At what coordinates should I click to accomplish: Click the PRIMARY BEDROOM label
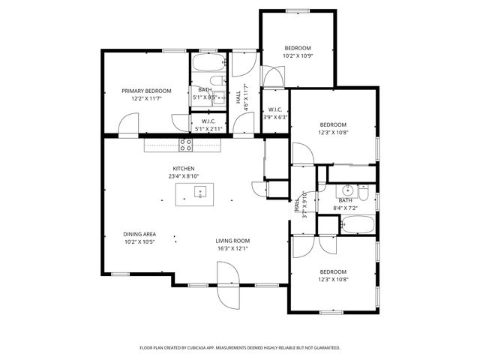146,91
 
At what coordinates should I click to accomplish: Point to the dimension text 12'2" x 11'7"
146,98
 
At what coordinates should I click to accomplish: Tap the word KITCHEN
184,169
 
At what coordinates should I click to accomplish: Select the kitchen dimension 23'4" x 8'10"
184,176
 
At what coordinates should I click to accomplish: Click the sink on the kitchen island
200,193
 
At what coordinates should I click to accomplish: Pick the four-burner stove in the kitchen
184,143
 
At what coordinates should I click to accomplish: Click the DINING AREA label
139,234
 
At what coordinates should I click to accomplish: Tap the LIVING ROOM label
233,241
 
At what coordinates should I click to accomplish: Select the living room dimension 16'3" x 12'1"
233,248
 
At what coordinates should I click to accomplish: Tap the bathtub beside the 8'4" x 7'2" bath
356,224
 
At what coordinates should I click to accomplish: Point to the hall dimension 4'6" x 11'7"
246,98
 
